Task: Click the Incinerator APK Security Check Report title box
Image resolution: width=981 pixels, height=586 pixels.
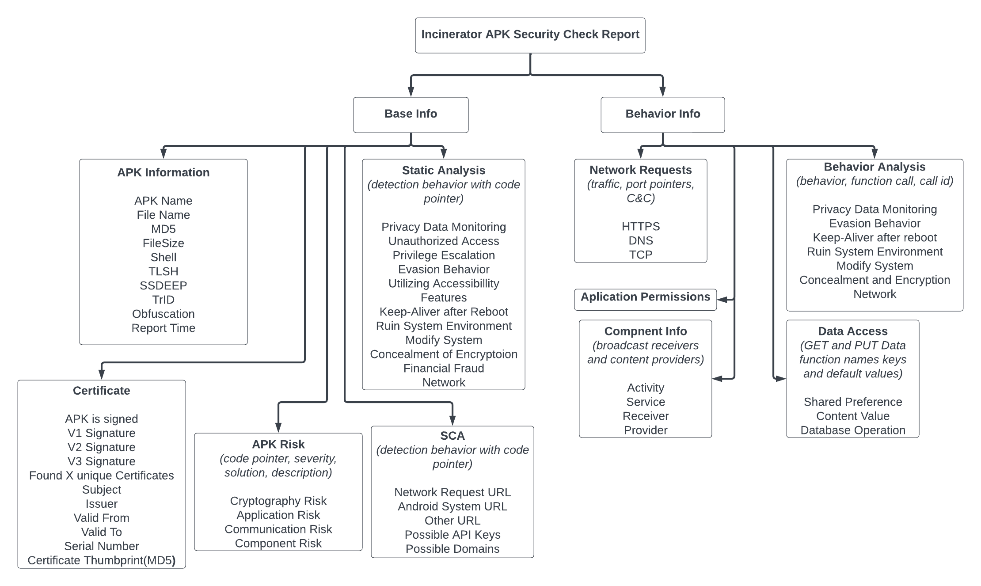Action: [x=530, y=35]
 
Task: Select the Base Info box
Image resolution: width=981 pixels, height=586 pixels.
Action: [x=411, y=114]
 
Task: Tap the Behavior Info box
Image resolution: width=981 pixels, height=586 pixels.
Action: [x=662, y=114]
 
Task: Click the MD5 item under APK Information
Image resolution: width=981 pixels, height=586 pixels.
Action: [x=163, y=229]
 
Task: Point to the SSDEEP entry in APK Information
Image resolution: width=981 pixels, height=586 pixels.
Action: [x=163, y=285]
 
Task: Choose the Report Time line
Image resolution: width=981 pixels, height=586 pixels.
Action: [x=163, y=328]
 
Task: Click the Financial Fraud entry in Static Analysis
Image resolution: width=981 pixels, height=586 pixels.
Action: [x=444, y=368]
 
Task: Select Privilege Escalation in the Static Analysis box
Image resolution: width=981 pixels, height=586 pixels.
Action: [x=444, y=255]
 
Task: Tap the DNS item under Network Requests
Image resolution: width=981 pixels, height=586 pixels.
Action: [x=640, y=240]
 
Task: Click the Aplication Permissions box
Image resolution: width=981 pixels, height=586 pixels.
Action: [x=645, y=297]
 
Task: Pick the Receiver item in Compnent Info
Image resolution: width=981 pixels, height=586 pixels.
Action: [x=645, y=416]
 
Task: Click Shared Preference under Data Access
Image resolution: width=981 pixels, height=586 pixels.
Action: [x=852, y=402]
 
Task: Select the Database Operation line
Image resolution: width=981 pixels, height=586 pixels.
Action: [x=852, y=430]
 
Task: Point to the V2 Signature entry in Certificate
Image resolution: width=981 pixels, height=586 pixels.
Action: [x=101, y=447]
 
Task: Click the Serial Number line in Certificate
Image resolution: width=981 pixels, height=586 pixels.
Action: [x=101, y=546]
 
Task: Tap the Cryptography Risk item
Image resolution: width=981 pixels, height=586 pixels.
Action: [x=278, y=501]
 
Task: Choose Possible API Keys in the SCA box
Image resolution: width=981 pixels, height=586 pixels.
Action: [x=452, y=535]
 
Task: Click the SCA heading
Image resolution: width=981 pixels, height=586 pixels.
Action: [x=452, y=436]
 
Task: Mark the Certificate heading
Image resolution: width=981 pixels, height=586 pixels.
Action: [x=101, y=391]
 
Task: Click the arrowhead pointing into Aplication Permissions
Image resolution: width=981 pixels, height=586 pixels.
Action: [x=722, y=300]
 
